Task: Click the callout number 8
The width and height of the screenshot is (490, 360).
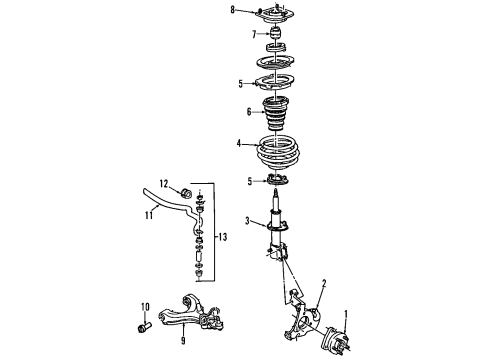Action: pos(232,11)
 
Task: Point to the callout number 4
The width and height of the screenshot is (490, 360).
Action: pos(238,145)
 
